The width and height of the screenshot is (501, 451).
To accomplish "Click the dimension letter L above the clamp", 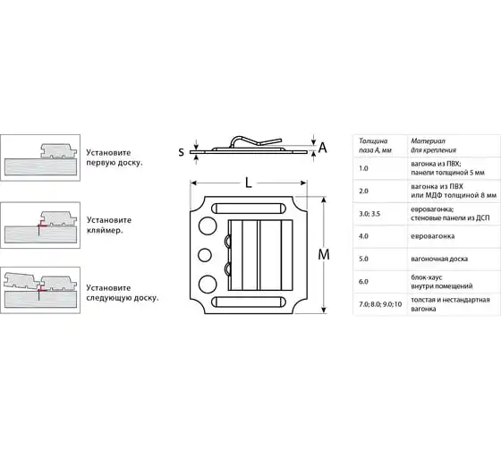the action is click(249, 183).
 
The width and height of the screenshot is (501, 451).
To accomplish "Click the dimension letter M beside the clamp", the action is click(324, 255).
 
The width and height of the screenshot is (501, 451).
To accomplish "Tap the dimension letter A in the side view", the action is click(323, 148).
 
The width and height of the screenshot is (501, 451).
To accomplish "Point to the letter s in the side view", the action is click(181, 151).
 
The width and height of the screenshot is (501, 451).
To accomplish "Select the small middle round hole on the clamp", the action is click(205, 255).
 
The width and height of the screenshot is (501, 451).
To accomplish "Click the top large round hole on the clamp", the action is click(208, 226).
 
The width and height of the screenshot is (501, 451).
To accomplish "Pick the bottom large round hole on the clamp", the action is click(208, 285).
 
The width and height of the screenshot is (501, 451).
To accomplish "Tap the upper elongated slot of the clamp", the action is click(249, 208).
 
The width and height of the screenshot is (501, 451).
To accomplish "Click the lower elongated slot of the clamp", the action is click(249, 302).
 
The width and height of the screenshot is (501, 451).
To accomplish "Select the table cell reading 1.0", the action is click(363, 168).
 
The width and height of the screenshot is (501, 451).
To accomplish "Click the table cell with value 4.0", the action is click(363, 236).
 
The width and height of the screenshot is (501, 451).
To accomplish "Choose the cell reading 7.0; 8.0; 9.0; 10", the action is click(380, 304).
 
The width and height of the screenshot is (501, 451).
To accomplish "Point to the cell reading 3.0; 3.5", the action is click(369, 214).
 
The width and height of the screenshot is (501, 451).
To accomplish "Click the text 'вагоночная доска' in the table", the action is click(439, 259).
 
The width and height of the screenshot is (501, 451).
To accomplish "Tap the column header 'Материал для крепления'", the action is click(434, 146).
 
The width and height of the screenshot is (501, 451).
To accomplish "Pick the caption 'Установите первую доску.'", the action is click(115, 157).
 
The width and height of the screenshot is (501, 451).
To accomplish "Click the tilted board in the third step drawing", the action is click(21, 281).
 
